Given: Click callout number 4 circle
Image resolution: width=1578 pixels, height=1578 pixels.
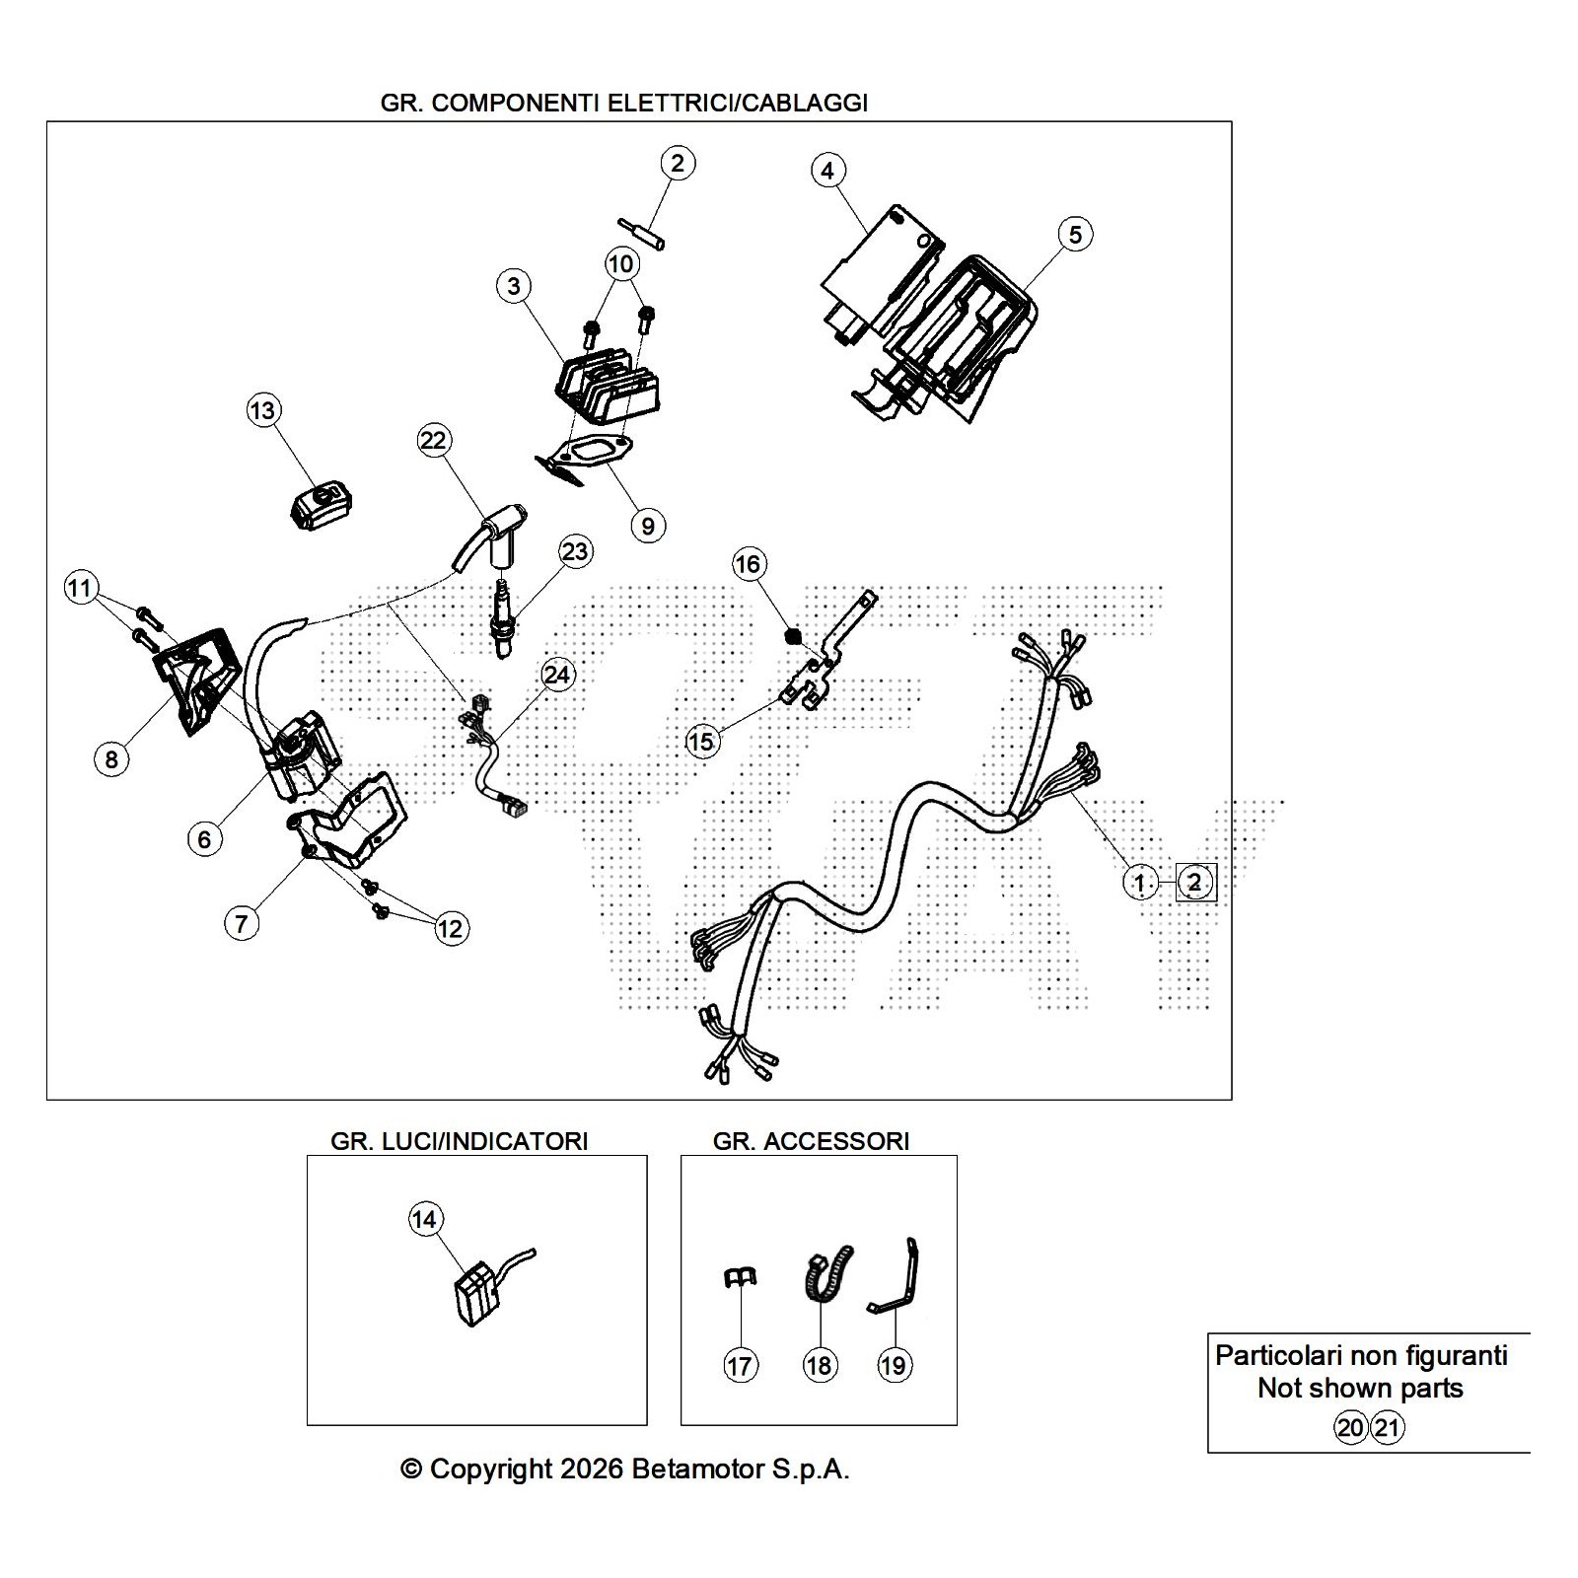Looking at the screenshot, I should pos(827,171).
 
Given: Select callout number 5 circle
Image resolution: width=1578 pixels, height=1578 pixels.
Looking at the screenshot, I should pos(1075,235).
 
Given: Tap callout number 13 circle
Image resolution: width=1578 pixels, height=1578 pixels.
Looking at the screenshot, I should pos(262,410).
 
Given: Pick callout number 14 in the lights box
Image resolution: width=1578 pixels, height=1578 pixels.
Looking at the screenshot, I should pos(424,1220).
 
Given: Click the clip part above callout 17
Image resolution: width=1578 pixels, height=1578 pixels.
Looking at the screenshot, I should pos(739,1278).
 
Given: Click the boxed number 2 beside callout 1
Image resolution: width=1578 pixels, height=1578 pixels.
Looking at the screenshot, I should pos(1194,883).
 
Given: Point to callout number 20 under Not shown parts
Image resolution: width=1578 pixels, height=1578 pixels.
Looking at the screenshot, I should pos(1350,1427).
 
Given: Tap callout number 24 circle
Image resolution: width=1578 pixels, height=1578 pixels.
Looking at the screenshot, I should pos(557,675).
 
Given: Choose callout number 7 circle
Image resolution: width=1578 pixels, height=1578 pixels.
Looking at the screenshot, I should pos(242,923).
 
